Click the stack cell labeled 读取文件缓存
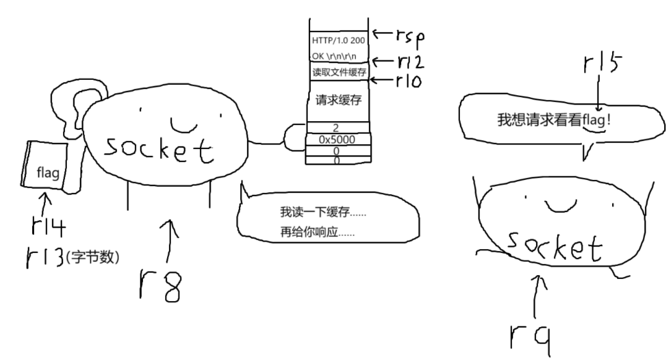tap(339, 72)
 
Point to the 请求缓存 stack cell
tap(338, 100)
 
